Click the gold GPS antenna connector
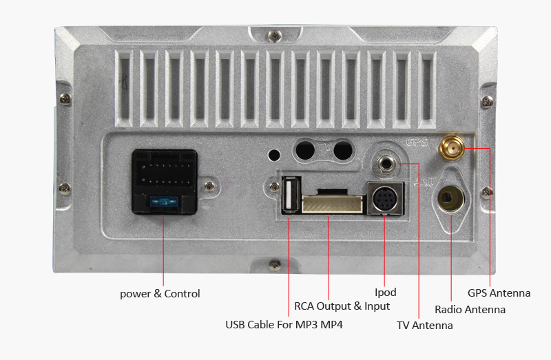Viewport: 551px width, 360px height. point(453,147)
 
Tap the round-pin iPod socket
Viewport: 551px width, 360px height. point(384,200)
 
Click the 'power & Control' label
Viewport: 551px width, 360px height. point(160,294)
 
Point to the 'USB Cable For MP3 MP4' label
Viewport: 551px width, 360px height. point(284,324)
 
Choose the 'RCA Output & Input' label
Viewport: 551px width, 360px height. point(342,306)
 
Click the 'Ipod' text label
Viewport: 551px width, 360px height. point(385,293)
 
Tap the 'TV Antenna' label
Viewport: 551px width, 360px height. point(425,325)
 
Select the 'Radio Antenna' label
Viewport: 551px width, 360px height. point(470,310)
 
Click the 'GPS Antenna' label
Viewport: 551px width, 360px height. point(499,293)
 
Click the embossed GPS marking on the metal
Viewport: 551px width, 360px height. point(417,143)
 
